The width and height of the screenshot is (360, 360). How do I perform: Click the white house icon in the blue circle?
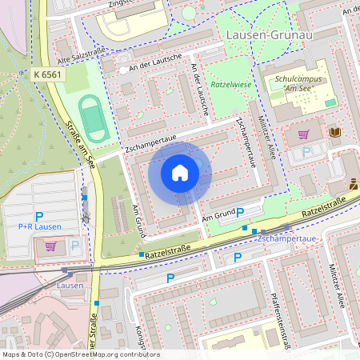180,172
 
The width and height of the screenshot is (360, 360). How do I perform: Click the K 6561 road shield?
48,74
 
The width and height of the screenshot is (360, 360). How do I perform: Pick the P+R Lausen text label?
39,227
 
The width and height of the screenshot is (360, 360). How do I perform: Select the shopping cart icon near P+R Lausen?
51,246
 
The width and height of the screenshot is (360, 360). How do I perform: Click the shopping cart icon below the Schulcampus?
303,134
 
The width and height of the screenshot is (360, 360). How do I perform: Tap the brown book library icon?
334,132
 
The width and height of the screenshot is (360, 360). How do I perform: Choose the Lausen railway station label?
70,285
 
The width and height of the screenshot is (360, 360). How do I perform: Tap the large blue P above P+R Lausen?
38,216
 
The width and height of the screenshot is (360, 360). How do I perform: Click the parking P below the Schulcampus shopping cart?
306,152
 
